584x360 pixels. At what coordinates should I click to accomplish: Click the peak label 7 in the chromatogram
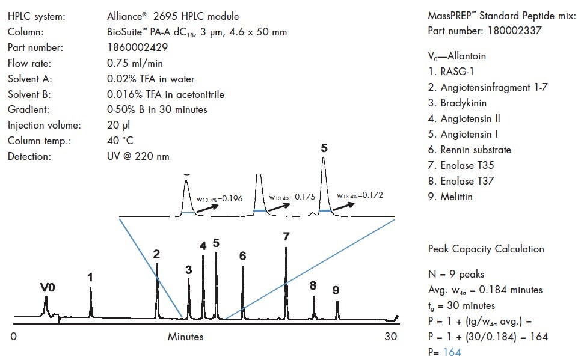coord(286,236)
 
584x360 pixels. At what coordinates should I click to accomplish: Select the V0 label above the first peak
coord(48,288)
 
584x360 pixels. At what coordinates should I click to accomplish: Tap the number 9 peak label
coord(336,290)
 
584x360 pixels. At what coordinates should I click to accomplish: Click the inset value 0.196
coord(230,198)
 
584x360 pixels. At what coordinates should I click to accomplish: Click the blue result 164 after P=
coord(452,352)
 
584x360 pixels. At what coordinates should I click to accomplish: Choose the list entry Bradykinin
coord(463,103)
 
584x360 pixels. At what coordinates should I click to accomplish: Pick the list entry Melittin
coord(457,197)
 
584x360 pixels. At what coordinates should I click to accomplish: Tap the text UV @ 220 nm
coord(134,157)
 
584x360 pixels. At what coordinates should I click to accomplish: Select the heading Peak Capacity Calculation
coord(486,249)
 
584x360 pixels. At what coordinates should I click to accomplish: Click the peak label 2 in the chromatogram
coord(156,254)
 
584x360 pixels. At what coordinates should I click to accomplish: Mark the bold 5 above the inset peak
coord(324,147)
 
